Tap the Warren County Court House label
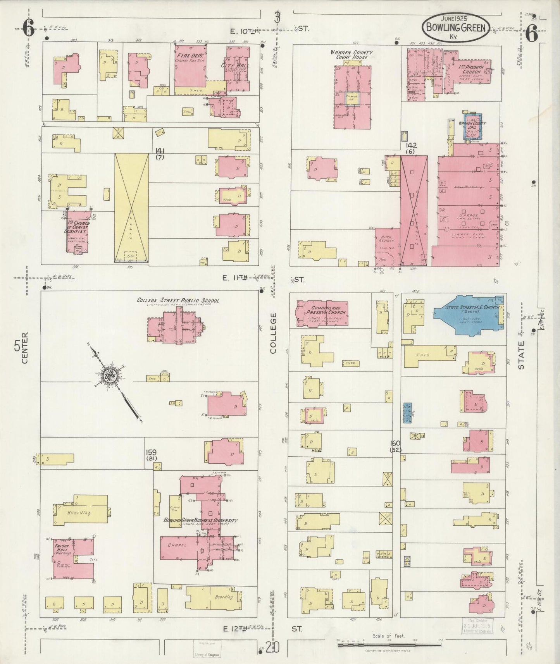[x=352, y=55]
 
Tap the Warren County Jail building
[x=472, y=126]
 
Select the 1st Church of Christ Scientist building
[x=78, y=232]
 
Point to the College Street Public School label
[x=177, y=300]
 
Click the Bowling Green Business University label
[x=200, y=520]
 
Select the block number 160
[x=395, y=443]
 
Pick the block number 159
[x=151, y=452]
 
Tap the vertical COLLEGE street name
[x=274, y=333]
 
